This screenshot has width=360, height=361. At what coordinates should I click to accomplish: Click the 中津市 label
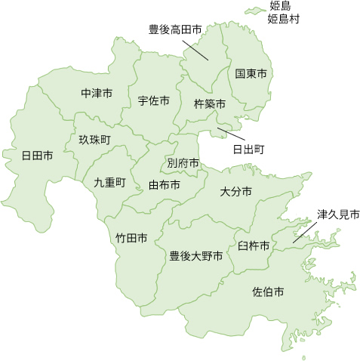[x=96, y=94]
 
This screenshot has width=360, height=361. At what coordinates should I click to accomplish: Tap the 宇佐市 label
[x=153, y=100]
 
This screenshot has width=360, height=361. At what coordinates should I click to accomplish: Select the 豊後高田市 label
[x=175, y=29]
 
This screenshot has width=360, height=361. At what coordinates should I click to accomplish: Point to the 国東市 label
[x=251, y=74]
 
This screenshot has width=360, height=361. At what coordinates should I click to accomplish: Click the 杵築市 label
[x=210, y=103]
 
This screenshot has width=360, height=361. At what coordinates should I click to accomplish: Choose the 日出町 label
[x=248, y=149]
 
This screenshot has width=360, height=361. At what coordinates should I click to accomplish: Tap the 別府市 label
[x=183, y=162]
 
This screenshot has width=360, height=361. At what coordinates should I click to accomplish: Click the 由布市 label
[x=165, y=184]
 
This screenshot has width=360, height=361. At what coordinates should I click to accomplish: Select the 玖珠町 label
[x=94, y=140]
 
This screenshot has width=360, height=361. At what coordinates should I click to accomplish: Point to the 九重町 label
[x=109, y=182]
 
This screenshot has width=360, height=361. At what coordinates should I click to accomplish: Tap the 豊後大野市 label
[x=195, y=256]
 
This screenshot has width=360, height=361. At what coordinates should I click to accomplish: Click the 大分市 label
[x=236, y=192]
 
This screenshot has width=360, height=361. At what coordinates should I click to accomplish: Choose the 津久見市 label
[x=338, y=214]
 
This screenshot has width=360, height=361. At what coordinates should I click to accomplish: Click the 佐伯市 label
[x=268, y=291]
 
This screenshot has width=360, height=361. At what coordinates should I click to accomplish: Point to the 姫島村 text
[x=284, y=19]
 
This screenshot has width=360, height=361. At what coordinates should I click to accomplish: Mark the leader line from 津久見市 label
[x=305, y=231]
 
